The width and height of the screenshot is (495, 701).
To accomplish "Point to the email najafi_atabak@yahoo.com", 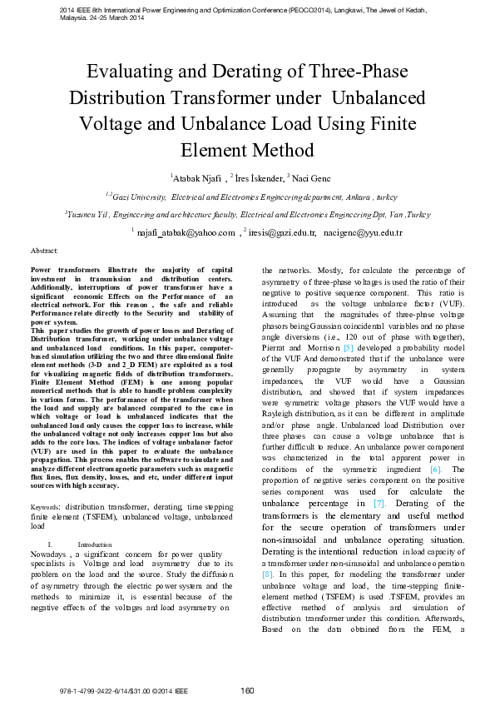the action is pyautogui.click(x=186, y=234).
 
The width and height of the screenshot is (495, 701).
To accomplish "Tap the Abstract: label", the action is pyautogui.click(x=44, y=251).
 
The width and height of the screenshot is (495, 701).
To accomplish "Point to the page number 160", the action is pyautogui.click(x=247, y=690).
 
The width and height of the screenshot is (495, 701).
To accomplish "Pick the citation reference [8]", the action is pyautogui.click(x=268, y=574).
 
